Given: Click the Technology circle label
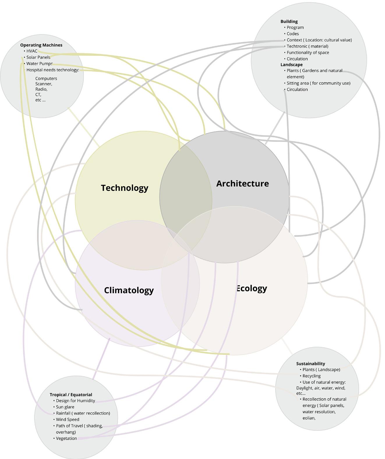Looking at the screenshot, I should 125,188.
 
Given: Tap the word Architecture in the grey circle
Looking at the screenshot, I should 242,183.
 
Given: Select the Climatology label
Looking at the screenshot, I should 129,290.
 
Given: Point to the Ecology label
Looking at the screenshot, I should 251,288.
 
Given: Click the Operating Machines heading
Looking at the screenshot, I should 41,45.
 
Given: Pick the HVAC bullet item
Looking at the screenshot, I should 32,51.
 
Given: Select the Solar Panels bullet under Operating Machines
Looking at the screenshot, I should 38,57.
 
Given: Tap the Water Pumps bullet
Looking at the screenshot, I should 39,63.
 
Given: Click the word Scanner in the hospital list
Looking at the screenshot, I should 43,84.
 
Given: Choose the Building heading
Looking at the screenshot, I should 289,22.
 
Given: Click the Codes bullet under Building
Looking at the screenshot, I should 293,34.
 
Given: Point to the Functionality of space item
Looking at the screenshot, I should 308,53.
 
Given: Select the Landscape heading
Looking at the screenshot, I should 292,65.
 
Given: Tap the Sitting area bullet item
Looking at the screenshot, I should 318,83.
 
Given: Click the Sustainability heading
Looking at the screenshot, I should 310,364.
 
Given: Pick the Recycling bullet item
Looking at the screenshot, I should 311,376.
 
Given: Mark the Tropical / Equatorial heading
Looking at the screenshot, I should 71,395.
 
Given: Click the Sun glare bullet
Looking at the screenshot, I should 65,407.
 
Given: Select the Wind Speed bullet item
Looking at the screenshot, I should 67,420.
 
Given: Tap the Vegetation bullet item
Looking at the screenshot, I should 66,439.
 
